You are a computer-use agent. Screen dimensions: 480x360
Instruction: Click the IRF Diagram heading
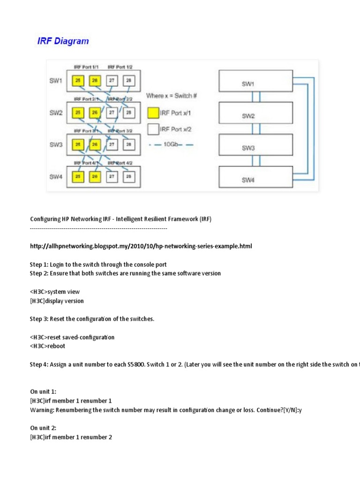(x=63, y=41)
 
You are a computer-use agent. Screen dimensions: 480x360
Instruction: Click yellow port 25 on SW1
(x=77, y=81)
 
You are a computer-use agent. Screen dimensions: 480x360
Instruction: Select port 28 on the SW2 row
(x=129, y=112)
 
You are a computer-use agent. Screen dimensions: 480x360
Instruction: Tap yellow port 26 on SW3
(x=95, y=145)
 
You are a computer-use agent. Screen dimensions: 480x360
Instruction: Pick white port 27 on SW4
(x=112, y=177)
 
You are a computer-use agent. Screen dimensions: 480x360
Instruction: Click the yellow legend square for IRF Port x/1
(x=153, y=113)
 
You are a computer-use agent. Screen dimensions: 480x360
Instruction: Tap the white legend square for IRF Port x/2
(x=153, y=129)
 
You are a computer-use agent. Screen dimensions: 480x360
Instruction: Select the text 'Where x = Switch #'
(x=171, y=96)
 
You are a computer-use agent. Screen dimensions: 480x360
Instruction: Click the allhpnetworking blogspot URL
(x=141, y=246)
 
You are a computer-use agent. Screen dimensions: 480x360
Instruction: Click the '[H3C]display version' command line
(x=57, y=301)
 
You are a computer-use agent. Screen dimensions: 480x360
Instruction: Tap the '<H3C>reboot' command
(x=47, y=346)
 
